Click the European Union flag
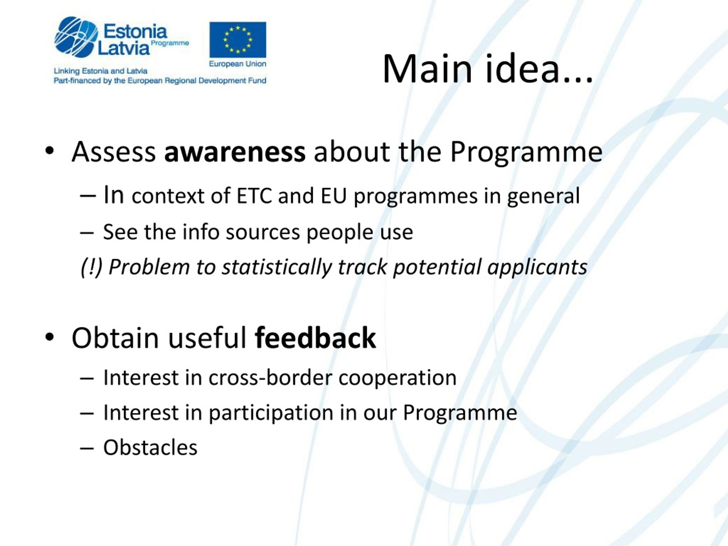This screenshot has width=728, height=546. (x=238, y=40)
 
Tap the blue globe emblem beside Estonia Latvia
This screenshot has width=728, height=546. (x=76, y=37)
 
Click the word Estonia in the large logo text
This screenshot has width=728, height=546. (x=135, y=32)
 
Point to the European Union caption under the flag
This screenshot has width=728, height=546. (x=238, y=64)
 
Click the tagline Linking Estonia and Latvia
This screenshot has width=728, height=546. (x=100, y=71)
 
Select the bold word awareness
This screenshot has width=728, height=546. (x=235, y=152)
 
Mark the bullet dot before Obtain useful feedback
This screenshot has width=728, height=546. (x=49, y=337)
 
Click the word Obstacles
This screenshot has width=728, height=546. (x=150, y=448)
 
